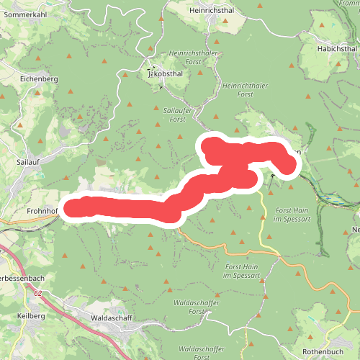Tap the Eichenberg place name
pos(39,78)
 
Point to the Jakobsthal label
pos(165,73)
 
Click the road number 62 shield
pos(37,294)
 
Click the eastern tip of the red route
pos(289,168)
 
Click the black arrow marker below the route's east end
pos(272,174)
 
